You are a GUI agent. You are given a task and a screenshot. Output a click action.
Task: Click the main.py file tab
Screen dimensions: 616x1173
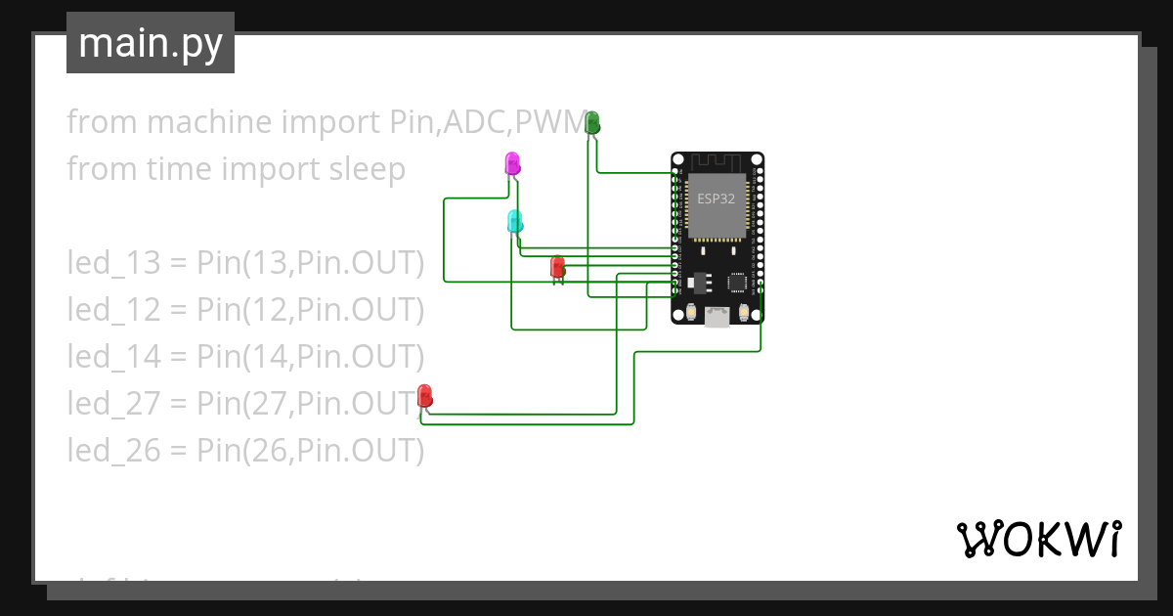tap(150, 43)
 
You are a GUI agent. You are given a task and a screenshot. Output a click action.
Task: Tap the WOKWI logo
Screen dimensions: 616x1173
tap(1038, 539)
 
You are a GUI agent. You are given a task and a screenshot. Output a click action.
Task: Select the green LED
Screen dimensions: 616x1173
tap(592, 122)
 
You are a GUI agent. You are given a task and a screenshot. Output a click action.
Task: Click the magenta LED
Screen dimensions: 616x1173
tap(512, 163)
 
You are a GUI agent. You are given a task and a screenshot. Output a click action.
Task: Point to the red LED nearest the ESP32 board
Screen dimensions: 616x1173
tap(557, 266)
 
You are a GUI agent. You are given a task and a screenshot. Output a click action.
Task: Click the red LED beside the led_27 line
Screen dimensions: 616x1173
tap(425, 396)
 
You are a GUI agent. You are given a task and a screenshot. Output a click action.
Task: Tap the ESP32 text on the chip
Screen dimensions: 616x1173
tap(717, 198)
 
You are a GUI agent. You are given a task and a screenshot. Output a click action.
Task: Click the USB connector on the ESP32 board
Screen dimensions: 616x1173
tap(717, 315)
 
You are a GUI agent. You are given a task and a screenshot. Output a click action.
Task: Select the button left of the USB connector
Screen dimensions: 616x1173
tap(691, 313)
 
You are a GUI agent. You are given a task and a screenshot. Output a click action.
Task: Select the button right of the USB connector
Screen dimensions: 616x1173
tap(744, 313)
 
